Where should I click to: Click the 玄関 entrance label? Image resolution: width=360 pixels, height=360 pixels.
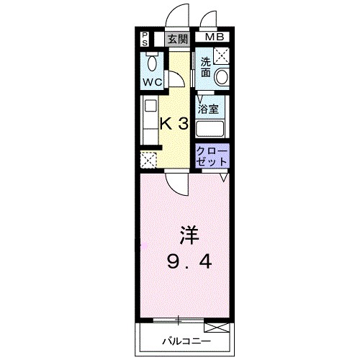point(177,39)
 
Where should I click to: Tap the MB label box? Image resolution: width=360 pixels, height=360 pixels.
point(213,38)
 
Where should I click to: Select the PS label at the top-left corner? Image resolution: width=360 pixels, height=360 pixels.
point(145,38)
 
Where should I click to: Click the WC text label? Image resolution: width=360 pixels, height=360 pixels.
point(151,82)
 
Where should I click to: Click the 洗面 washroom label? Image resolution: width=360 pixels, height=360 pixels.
point(206,67)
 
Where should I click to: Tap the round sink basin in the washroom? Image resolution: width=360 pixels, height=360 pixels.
point(222,76)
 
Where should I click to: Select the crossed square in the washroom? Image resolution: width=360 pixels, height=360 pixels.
point(222,53)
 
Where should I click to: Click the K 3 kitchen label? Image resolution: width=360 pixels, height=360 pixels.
point(174,123)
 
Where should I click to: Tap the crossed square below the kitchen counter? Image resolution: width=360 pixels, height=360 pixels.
point(149,161)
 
